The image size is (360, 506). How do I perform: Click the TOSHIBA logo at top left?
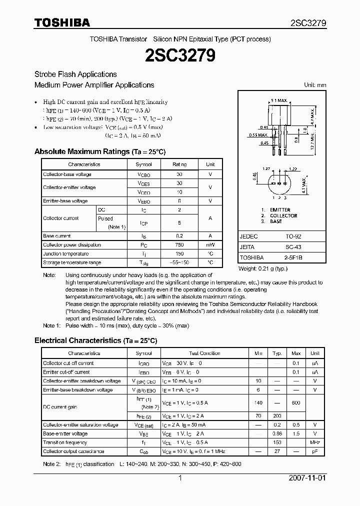click(x=62, y=22)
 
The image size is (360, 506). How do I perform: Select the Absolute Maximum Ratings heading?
click(x=99, y=151)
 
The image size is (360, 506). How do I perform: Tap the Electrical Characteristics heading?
click(x=95, y=340)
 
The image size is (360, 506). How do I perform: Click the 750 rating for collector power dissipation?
click(x=179, y=245)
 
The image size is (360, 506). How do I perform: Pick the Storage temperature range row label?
click(x=72, y=262)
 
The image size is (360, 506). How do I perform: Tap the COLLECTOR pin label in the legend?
click(x=283, y=215)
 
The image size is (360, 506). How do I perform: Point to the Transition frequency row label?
click(x=65, y=442)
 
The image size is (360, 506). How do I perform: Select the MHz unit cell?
click(x=315, y=442)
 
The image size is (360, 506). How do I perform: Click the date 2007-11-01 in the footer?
click(x=307, y=478)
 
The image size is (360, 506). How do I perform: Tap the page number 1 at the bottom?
click(x=179, y=478)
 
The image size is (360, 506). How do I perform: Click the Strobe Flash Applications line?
click(x=75, y=74)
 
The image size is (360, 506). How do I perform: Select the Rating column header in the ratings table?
click(x=179, y=164)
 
